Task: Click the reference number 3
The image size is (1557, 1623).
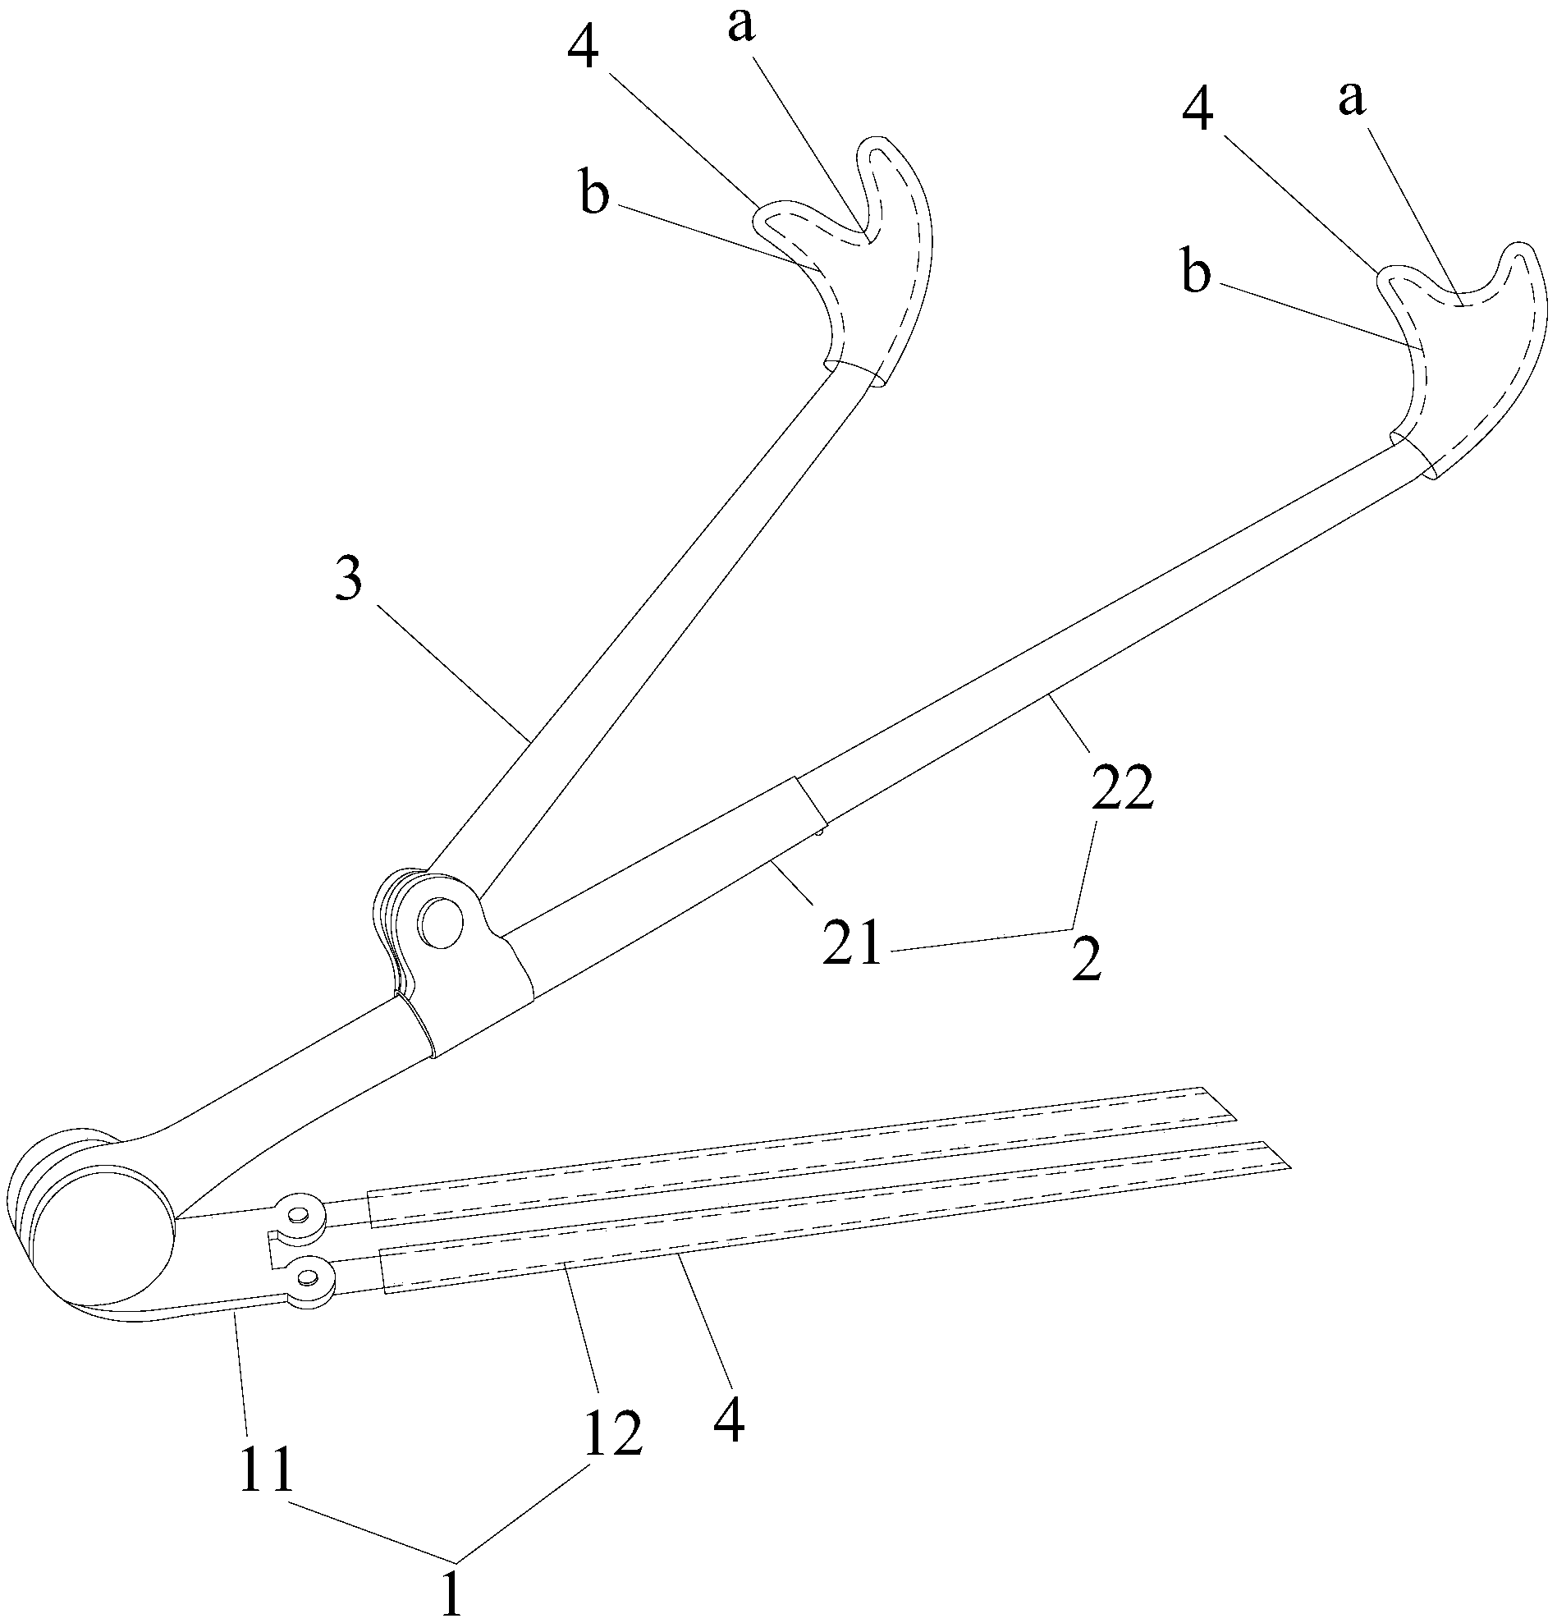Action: click(x=349, y=581)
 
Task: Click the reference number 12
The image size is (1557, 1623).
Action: click(x=613, y=1434)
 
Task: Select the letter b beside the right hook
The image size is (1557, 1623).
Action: click(x=1196, y=274)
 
